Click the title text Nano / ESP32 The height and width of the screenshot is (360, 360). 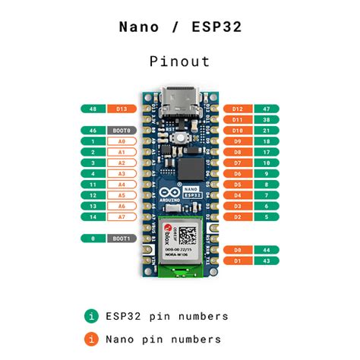pos(179,27)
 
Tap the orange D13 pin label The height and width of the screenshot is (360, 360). pos(121,109)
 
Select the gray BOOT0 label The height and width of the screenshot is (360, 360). pos(121,131)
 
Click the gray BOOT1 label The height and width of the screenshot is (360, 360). pos(121,238)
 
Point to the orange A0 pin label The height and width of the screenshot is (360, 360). pos(121,142)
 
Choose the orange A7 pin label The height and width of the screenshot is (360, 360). pos(121,217)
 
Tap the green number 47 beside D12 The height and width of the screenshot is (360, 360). pos(267,109)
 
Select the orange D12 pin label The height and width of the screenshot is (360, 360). pos(238,109)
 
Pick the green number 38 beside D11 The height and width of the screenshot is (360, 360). pos(267,120)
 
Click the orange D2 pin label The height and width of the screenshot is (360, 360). pos(238,217)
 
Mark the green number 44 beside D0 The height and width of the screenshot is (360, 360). pos(267,250)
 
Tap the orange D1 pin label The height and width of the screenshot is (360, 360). pos(238,261)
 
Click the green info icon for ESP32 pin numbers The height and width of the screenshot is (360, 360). pos(92,316)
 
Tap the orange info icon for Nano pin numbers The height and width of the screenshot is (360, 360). pos(92,339)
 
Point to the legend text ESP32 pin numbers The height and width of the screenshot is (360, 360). pos(167,316)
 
